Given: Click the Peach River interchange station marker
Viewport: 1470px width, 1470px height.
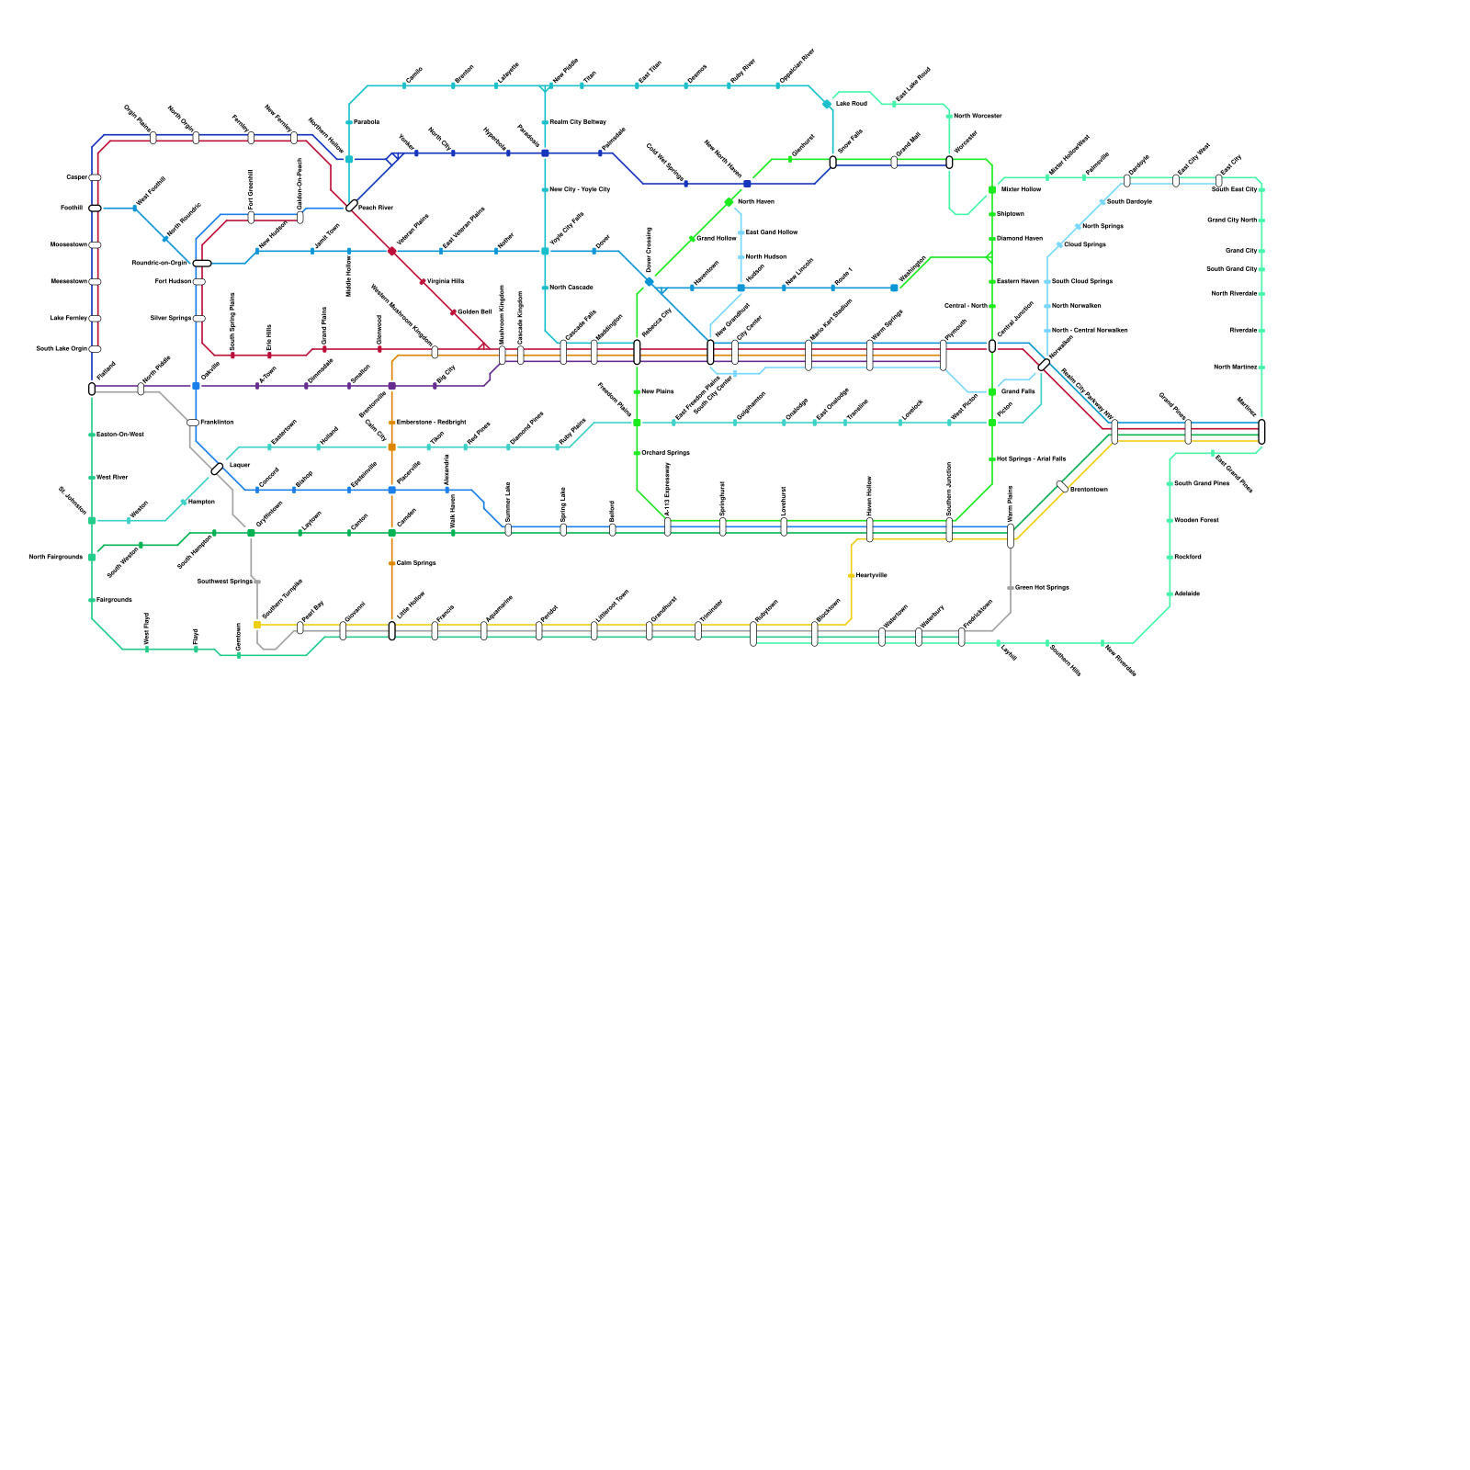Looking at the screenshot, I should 352,206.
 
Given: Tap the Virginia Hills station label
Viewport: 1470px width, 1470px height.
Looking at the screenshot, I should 446,281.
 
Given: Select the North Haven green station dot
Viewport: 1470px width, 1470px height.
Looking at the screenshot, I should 729,202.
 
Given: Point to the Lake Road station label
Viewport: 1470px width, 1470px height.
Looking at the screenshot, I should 851,104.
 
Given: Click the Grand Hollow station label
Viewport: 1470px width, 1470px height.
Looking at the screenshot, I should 717,239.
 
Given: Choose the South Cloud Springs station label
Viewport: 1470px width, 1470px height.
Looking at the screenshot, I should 1082,281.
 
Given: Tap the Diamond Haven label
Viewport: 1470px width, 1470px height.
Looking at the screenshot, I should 1020,239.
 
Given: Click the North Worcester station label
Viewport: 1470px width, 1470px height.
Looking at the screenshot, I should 978,116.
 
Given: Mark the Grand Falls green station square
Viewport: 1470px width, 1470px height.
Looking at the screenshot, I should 992,392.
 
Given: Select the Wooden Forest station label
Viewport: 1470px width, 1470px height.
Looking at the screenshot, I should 1196,520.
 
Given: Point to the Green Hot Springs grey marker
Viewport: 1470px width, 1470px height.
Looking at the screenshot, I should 1010,588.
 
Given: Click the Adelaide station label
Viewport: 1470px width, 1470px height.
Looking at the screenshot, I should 1187,594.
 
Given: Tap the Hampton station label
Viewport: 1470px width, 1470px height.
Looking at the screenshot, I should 201,502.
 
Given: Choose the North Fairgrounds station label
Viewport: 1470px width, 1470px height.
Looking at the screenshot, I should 55,557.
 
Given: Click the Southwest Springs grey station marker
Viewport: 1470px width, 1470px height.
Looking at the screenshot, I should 258,582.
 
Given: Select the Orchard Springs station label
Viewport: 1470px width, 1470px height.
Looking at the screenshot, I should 665,453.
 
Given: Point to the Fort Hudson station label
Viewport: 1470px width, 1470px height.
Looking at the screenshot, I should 173,281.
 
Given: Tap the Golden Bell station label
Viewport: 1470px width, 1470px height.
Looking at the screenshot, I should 474,312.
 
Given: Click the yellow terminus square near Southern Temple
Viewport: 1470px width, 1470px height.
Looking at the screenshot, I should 257,625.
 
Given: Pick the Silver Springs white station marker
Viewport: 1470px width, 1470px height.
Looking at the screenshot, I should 199,319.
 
